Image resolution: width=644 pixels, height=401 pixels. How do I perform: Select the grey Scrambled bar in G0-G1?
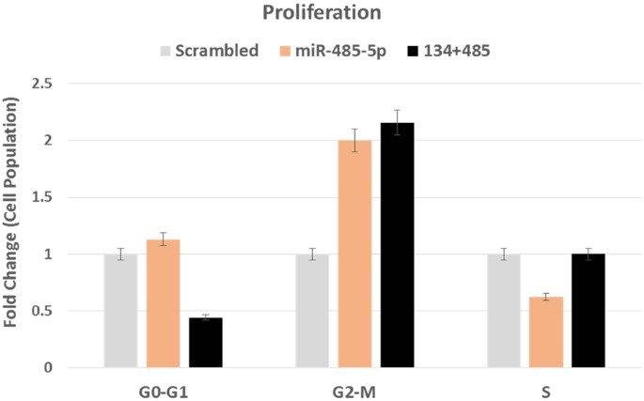pos(120,311)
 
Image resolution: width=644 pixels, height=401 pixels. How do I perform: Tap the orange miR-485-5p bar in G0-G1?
pos(163,303)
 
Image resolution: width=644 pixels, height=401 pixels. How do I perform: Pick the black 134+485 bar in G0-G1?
pos(205,343)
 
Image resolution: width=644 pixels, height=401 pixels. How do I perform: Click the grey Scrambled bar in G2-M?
pos(312,311)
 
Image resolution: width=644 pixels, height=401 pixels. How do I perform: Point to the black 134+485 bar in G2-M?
pos(397,245)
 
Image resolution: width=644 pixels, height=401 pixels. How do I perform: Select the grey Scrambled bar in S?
pos(504,311)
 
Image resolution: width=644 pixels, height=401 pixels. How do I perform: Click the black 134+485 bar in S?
pos(589,311)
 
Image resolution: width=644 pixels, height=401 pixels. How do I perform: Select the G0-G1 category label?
pos(163,385)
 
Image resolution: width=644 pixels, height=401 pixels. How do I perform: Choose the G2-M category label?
pos(354,385)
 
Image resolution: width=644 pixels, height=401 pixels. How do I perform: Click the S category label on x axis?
pos(546,385)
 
